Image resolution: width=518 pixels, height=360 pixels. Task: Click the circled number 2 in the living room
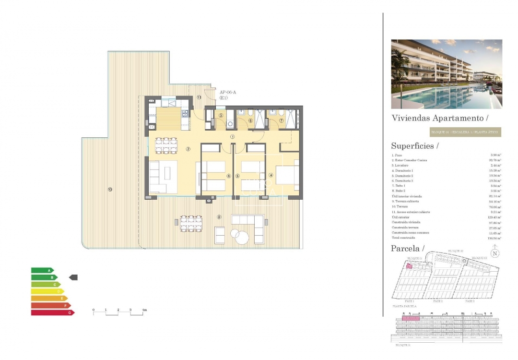click(188, 149)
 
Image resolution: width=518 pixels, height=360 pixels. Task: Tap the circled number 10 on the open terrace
click(110, 190)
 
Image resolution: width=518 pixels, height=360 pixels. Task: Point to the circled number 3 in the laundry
click(221, 115)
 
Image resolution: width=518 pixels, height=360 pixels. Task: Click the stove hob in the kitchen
click(184, 114)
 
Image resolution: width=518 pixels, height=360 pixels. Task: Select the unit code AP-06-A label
click(227, 92)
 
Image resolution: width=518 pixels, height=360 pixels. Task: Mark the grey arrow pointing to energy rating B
click(73, 277)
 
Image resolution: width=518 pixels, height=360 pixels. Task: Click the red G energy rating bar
click(52, 312)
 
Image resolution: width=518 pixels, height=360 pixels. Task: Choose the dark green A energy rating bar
click(42, 270)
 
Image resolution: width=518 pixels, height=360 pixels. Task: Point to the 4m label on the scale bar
click(144, 310)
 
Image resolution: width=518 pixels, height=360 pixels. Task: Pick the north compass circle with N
click(494, 254)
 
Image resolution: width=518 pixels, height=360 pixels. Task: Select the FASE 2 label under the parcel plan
click(437, 301)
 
